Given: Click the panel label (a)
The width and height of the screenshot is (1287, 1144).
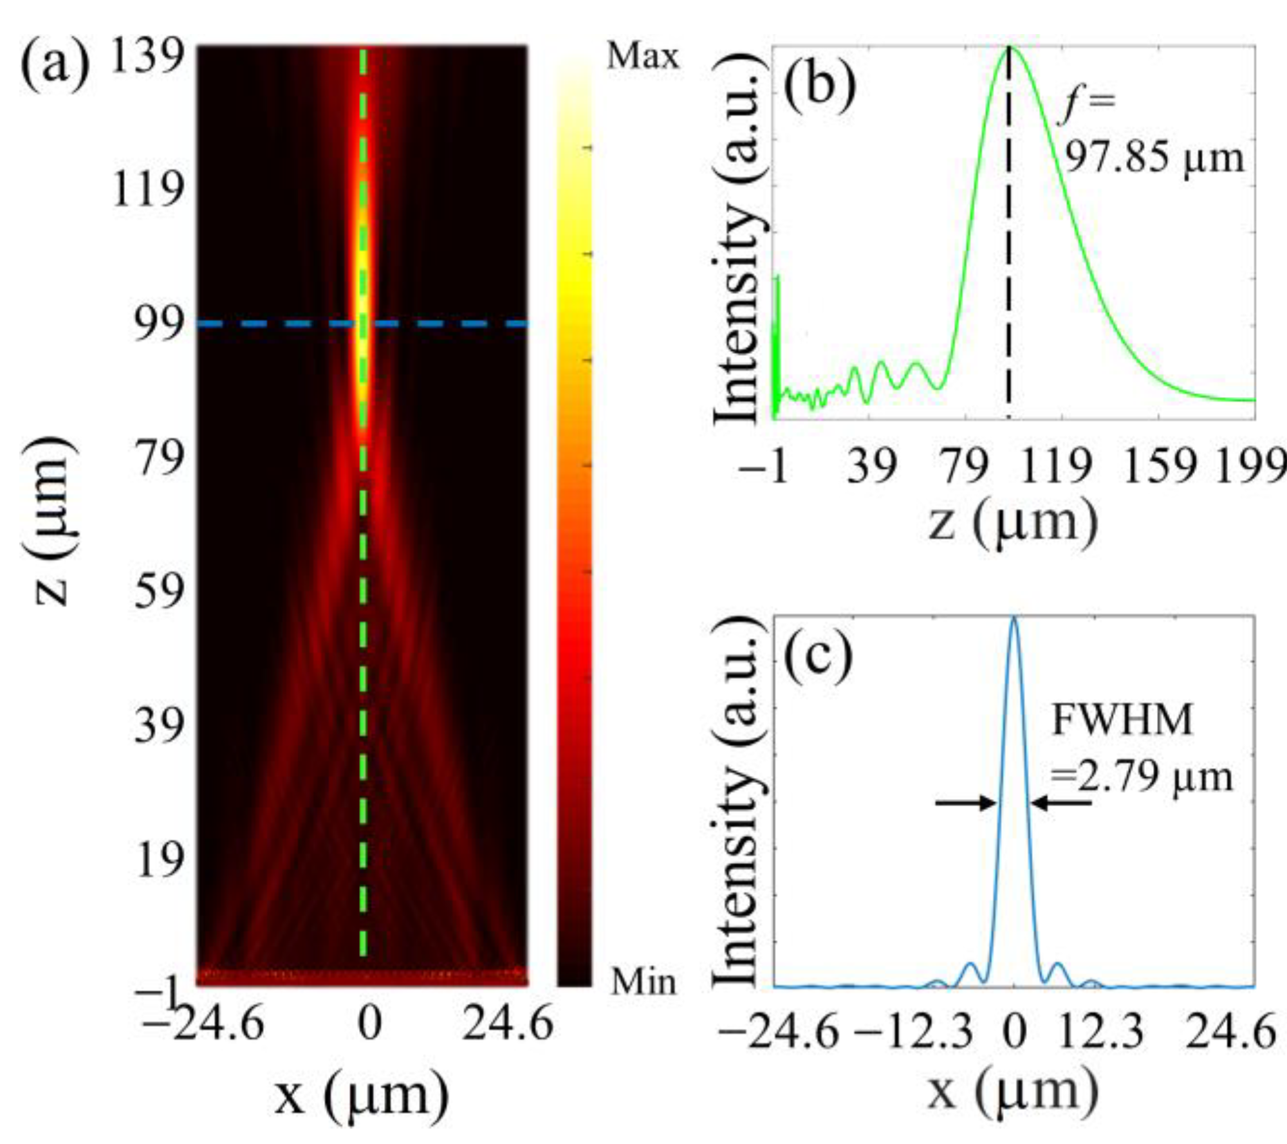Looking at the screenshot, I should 55,66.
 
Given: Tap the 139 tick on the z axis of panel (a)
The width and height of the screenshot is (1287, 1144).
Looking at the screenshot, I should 147,57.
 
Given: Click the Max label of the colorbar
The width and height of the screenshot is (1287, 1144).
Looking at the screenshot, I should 642,57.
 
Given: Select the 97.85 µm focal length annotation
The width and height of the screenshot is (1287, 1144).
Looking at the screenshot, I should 1153,157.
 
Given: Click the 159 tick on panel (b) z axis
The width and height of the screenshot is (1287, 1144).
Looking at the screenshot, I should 1159,465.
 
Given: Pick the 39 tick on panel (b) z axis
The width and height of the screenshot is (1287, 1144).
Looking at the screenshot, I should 871,465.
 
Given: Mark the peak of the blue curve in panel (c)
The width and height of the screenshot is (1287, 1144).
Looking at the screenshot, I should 1014,618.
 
